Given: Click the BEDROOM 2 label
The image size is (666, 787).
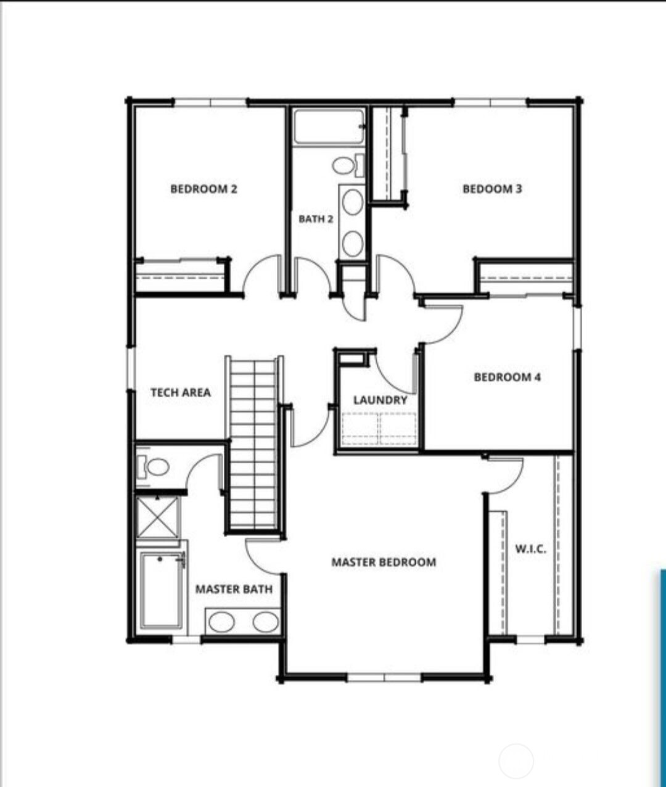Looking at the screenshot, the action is [203, 189].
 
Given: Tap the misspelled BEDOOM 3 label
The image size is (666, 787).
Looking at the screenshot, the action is [492, 189].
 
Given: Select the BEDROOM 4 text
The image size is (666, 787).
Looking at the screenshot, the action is [508, 377].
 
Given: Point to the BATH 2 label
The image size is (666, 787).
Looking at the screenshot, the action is [316, 219].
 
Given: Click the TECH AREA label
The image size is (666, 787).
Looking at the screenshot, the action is [181, 392].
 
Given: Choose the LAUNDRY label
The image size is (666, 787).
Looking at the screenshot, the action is [380, 400].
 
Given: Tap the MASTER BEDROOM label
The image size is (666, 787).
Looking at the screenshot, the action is [384, 562].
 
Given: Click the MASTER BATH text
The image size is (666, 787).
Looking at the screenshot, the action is [234, 589].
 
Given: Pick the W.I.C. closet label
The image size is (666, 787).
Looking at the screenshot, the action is [531, 549].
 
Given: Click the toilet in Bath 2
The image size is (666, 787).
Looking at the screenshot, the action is [348, 165].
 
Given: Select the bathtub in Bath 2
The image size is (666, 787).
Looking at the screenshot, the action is [329, 127].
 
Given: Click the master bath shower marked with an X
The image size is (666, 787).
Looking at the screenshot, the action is [157, 517].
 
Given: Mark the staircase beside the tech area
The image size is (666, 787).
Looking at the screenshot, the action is [254, 443].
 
